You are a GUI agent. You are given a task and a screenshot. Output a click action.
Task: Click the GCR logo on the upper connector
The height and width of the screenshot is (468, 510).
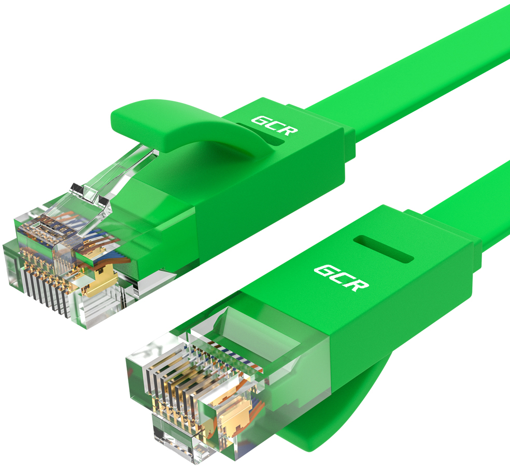point(275,125)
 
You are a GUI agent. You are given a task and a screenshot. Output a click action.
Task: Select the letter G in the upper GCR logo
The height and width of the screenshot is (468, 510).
point(260,121)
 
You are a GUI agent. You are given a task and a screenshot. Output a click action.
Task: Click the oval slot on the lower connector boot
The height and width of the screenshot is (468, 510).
point(383,249)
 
